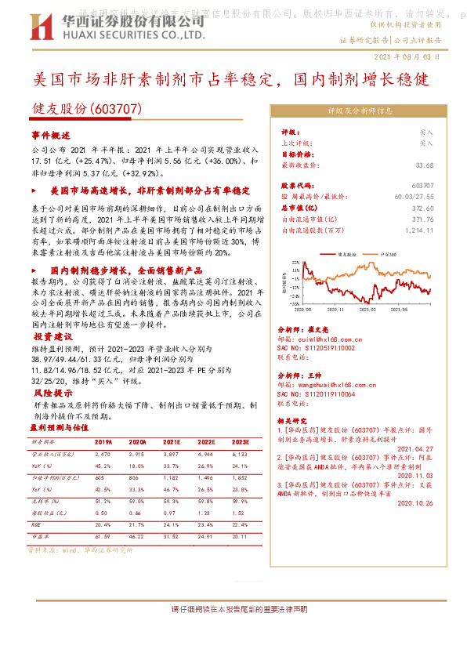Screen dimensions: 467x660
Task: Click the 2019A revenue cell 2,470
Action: tap(103, 454)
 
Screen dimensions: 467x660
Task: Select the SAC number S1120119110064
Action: tap(325, 395)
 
